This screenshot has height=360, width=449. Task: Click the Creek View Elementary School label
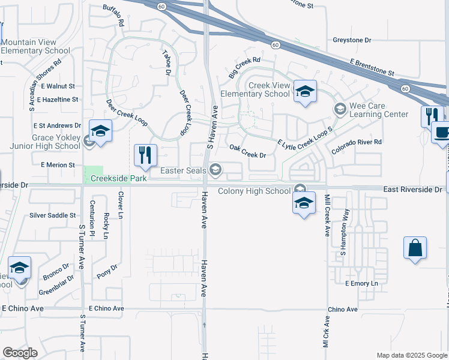[255, 90]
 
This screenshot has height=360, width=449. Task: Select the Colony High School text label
[255, 191]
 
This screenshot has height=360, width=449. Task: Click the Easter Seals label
[183, 171]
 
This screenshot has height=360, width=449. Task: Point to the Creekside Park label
[119, 179]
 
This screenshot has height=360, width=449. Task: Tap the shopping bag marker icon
[415, 248]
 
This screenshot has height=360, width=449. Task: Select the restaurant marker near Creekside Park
[144, 156]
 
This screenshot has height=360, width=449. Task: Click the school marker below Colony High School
[304, 203]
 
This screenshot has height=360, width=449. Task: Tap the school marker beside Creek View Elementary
[305, 92]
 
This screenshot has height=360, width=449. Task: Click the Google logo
[20, 353]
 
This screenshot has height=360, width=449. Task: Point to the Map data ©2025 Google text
[412, 355]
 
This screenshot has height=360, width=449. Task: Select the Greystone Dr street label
[352, 40]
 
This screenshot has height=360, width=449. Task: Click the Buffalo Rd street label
[113, 15]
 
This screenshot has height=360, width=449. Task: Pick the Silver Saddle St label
[53, 215]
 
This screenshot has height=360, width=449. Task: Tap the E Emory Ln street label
[363, 283]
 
